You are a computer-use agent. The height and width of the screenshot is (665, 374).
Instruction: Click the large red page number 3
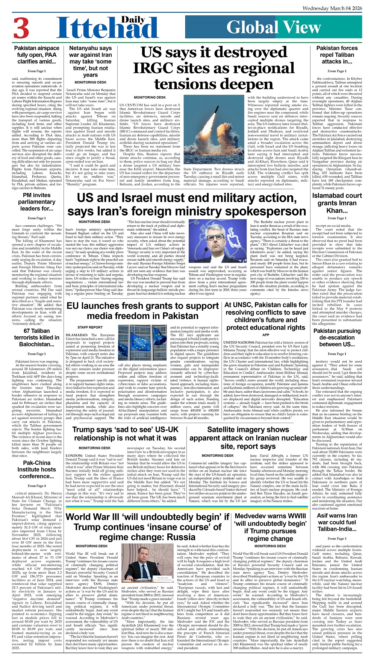(21, 28)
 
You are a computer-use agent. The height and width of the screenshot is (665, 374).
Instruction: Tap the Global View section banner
(274, 27)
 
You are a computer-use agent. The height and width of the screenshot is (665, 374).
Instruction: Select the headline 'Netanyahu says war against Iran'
(90, 61)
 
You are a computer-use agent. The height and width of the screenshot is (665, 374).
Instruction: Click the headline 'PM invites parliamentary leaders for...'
(36, 202)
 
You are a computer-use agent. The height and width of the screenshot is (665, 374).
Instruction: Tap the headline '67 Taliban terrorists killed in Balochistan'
(36, 337)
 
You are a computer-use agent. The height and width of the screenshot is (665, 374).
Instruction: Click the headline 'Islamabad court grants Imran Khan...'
(337, 203)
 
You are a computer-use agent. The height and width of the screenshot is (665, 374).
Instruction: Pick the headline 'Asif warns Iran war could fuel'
(337, 522)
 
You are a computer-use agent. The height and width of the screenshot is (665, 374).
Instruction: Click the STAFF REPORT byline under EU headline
(90, 327)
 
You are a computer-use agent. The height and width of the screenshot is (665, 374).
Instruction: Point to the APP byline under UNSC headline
(266, 335)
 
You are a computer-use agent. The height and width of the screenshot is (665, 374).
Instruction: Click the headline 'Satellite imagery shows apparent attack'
(248, 438)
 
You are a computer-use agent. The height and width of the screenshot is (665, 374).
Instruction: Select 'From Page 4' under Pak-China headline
(36, 486)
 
